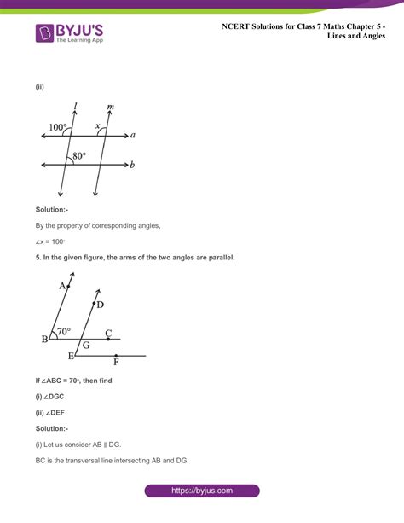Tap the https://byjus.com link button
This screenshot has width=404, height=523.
tap(201, 491)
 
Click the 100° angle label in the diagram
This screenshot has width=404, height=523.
tap(58, 127)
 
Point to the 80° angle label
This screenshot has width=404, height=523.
tap(79, 156)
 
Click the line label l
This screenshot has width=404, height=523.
tap(77, 107)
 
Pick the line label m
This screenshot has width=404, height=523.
tap(111, 108)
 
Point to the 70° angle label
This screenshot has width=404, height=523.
tap(63, 330)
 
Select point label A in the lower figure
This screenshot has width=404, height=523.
tap(62, 287)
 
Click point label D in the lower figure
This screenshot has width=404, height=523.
tap(101, 305)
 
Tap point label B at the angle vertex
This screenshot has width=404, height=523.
tap(45, 340)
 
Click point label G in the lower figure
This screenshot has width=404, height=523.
tap(85, 346)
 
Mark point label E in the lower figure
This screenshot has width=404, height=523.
tap(72, 356)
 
